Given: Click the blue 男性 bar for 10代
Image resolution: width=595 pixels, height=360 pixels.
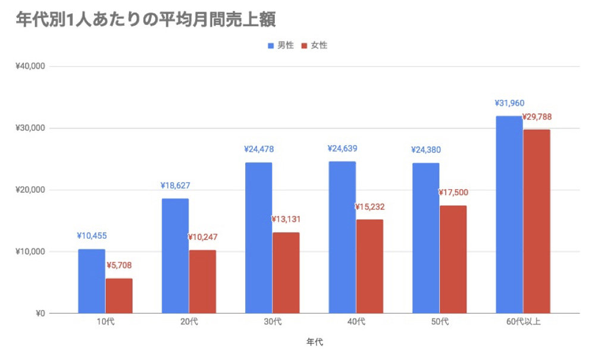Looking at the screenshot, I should pos(91,281).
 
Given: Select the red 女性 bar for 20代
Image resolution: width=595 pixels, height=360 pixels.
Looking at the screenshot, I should pos(202,281).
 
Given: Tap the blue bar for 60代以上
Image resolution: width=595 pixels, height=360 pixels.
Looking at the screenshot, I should pos(509,214).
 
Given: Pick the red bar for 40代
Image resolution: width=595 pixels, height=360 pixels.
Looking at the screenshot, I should pos(369,266).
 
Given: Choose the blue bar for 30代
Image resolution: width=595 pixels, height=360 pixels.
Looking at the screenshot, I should pos(258,237).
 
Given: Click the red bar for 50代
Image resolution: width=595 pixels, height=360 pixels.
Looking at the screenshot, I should pos(453,259).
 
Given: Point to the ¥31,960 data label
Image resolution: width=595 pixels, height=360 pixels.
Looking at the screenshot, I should pos(509,102).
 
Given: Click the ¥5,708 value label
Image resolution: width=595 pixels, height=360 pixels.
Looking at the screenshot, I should pos(120,265).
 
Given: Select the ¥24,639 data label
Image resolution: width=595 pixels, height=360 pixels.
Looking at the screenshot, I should pos(342,148).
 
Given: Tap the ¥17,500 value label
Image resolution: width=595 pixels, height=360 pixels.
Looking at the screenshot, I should pos(453,193).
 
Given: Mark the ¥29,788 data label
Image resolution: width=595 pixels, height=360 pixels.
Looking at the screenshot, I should pos(537,117).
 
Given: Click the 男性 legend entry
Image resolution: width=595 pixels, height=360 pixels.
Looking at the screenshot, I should pos(280,45).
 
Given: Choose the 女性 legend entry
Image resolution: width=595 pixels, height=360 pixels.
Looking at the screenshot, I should pos(314,45).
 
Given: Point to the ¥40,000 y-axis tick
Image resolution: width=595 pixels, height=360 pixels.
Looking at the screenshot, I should pos(31,66).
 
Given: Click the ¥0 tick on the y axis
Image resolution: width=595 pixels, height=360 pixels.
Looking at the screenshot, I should pos(39,313).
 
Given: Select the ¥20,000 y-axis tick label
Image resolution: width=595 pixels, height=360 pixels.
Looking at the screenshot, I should pos(31,190).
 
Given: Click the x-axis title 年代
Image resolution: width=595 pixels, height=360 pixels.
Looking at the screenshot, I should pos(314,342).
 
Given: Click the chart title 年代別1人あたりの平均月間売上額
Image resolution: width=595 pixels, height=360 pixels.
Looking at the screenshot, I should pos(146,18).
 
